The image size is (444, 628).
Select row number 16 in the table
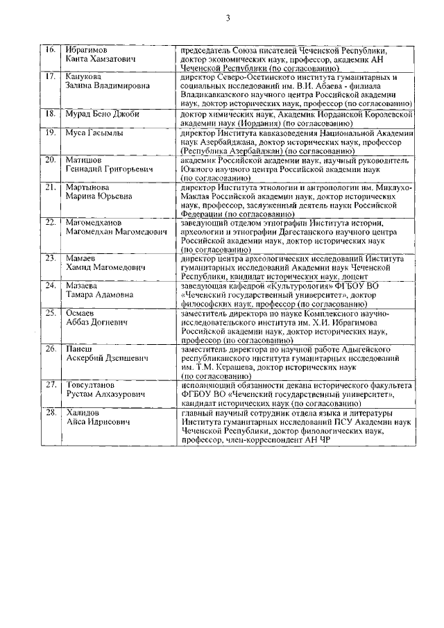50,51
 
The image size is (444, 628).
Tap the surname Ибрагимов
88,51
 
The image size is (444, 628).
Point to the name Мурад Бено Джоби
98,112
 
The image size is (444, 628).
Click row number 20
50,160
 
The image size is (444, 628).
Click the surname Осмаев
82,313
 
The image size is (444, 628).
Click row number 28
50,413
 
